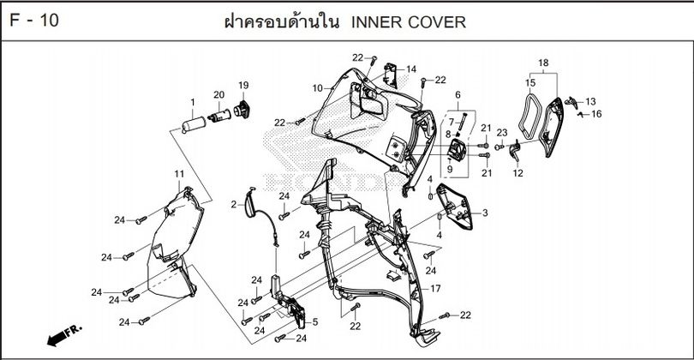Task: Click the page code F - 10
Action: [x=33, y=21]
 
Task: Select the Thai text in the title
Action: [x=280, y=22]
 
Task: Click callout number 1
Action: [x=193, y=103]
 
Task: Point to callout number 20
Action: [x=218, y=94]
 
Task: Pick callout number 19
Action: [x=243, y=85]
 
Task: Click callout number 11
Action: [x=180, y=175]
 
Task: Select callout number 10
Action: [x=317, y=88]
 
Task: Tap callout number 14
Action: [x=411, y=69]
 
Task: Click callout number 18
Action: [x=542, y=64]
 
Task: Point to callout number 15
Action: [x=529, y=83]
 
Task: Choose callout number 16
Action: [x=596, y=114]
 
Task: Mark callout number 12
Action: [x=518, y=172]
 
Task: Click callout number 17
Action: [x=435, y=289]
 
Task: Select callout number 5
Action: [x=314, y=321]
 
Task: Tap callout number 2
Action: [x=234, y=204]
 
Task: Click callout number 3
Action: [x=485, y=213]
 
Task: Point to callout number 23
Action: [x=502, y=132]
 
